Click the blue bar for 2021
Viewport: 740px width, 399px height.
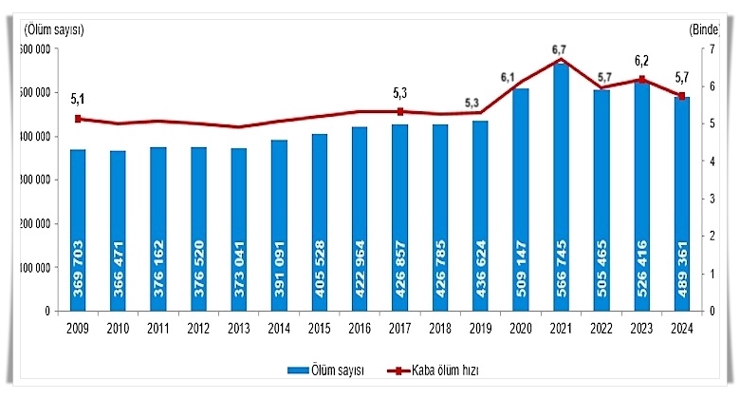(x=561, y=190)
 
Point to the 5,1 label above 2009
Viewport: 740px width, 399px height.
(x=77, y=97)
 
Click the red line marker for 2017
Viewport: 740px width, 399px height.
(x=400, y=111)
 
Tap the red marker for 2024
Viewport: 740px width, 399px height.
(x=681, y=96)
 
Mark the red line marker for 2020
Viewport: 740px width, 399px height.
(x=521, y=82)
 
